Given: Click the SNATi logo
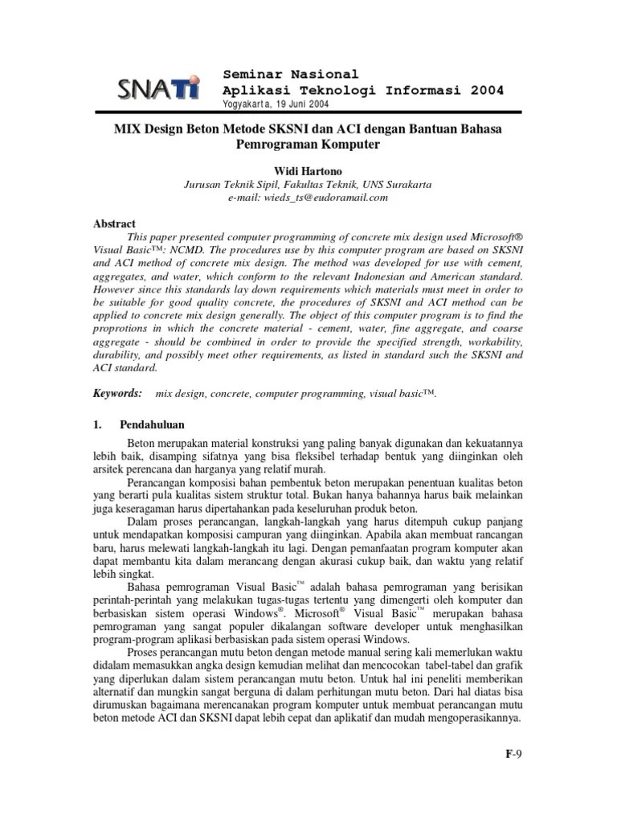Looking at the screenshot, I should click(x=158, y=88).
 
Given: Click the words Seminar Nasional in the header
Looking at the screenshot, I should click(x=291, y=74).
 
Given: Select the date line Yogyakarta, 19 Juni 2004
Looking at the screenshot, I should click(x=275, y=104).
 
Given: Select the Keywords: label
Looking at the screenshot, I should click(x=117, y=393).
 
